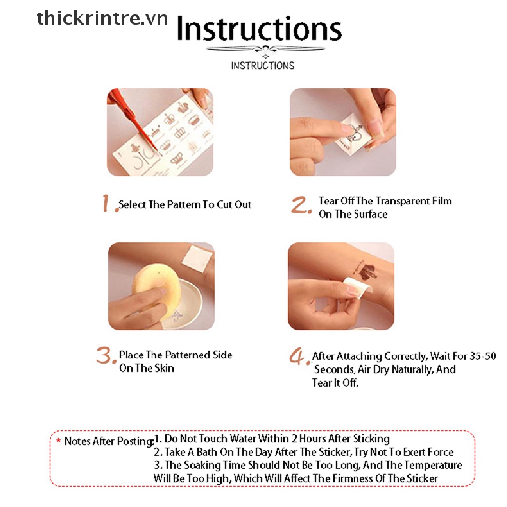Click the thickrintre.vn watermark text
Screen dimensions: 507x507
(102, 18)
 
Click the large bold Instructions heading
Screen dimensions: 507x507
(259, 29)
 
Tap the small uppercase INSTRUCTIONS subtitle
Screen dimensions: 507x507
(262, 66)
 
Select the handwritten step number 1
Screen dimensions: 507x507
(107, 203)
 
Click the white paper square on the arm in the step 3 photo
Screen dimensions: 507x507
(197, 258)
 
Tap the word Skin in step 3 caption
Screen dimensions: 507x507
(163, 368)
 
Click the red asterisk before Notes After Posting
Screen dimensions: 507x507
(58, 440)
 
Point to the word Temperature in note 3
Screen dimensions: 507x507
(433, 465)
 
